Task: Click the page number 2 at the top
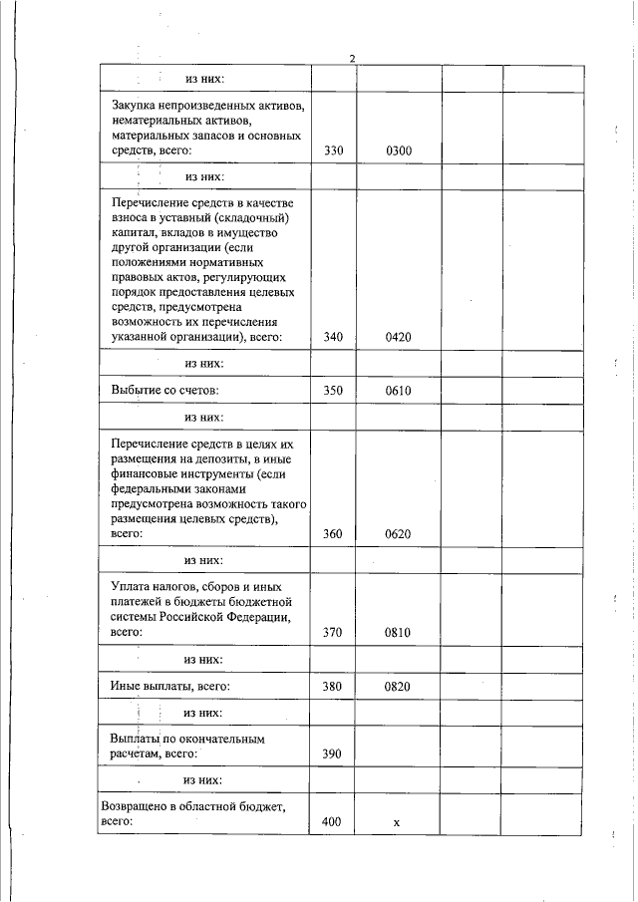tap(353, 58)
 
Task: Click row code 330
tap(334, 151)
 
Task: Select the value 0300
tap(399, 151)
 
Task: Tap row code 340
tap(334, 337)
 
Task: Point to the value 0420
tap(399, 337)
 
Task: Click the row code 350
tap(334, 390)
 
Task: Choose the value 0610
tap(399, 390)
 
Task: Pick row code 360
tap(334, 534)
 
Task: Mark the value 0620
tap(399, 534)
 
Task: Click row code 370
tap(334, 632)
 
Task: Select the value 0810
tap(399, 632)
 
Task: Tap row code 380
tap(334, 686)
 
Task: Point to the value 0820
tap(399, 686)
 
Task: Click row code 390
tap(334, 754)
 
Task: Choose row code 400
tap(334, 822)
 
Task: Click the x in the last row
tap(397, 823)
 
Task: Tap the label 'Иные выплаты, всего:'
tap(170, 686)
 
